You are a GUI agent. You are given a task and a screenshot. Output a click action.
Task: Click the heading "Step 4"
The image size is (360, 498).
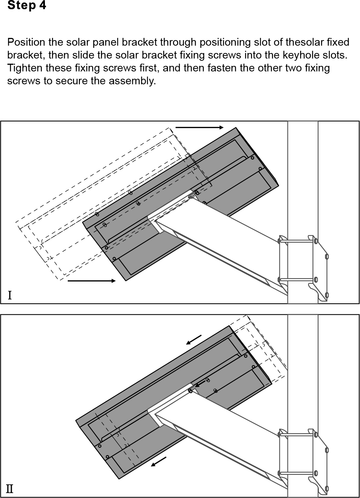click(x=27, y=5)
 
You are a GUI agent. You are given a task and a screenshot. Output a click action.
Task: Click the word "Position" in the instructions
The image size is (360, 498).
click(x=26, y=42)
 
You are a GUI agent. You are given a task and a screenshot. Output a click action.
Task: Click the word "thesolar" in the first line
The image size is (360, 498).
click(x=305, y=42)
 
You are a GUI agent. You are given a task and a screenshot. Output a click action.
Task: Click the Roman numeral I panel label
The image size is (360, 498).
click(x=10, y=296)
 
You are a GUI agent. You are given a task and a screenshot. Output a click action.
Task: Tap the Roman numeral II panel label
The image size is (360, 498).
click(x=10, y=489)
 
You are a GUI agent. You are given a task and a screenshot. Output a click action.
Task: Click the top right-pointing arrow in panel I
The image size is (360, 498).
click(x=200, y=127)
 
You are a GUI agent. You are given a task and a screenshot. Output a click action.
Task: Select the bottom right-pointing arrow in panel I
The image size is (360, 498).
click(x=92, y=281)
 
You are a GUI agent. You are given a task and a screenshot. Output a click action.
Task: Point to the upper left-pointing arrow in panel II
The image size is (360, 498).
click(x=194, y=340)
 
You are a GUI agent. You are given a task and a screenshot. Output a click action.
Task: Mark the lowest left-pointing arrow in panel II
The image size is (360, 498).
click(x=159, y=462)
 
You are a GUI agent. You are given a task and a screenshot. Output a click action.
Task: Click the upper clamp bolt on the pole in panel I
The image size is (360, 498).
click(x=297, y=241)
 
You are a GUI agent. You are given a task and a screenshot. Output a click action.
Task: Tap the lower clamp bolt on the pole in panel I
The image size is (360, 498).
click(x=297, y=279)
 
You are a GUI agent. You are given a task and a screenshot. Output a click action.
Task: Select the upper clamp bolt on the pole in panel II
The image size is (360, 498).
click(x=297, y=434)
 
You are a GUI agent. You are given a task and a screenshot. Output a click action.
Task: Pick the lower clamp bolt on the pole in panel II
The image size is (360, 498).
click(x=297, y=473)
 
